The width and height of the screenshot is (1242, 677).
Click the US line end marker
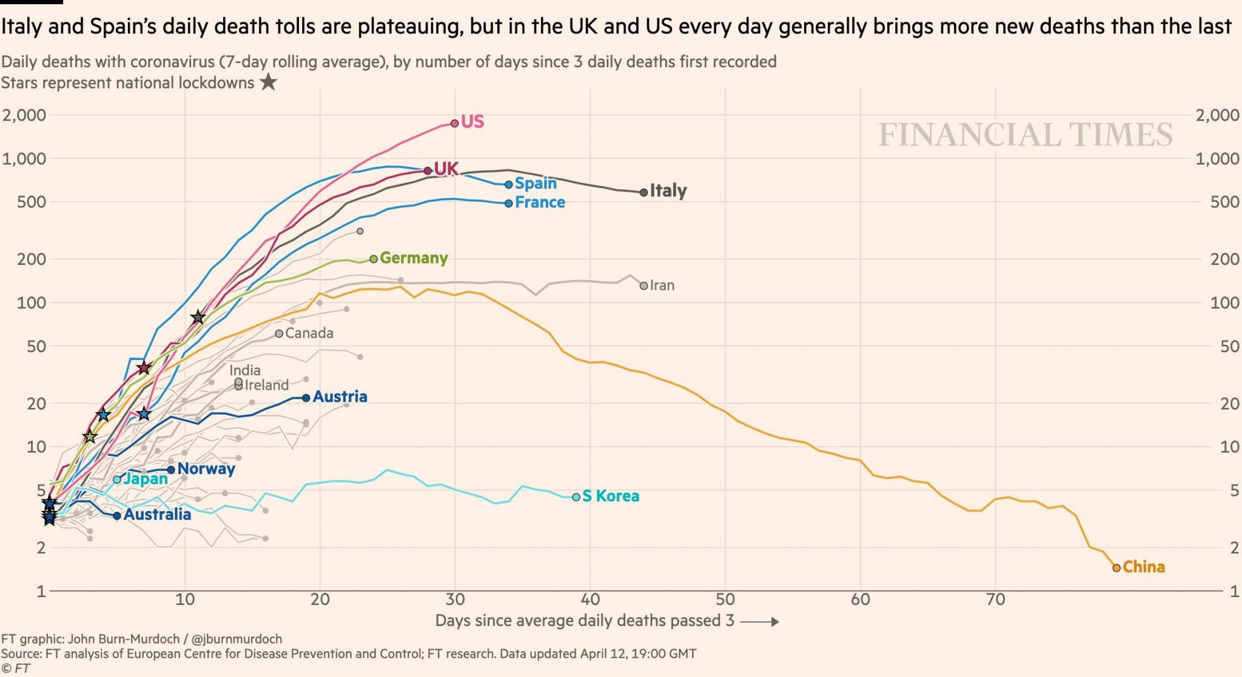pyautogui.click(x=455, y=123)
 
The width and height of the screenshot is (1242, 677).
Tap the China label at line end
pyautogui.click(x=1143, y=567)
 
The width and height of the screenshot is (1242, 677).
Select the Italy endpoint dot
pyautogui.click(x=643, y=192)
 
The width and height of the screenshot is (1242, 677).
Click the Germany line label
pyautogui.click(x=414, y=258)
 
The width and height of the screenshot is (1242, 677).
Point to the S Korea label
pyautogui.click(x=611, y=496)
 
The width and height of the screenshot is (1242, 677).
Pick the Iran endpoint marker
pyautogui.click(x=643, y=285)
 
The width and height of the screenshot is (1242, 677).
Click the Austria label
pyautogui.click(x=340, y=397)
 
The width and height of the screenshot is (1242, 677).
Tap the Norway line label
pyautogui.click(x=206, y=469)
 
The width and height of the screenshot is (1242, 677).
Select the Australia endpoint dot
pyautogui.click(x=117, y=516)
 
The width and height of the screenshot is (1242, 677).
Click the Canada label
pyautogui.click(x=309, y=333)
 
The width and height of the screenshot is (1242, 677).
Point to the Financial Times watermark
pyautogui.click(x=1025, y=135)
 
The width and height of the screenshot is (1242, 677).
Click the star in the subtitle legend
pyautogui.click(x=268, y=82)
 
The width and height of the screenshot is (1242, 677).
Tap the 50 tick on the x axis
pyautogui.click(x=725, y=600)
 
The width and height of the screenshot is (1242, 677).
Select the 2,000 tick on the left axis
pyautogui.click(x=24, y=115)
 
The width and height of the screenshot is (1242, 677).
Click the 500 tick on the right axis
pyautogui.click(x=1224, y=202)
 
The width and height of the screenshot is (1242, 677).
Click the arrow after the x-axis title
pyautogui.click(x=760, y=622)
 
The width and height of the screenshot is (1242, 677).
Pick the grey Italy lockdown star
pyautogui.click(x=198, y=317)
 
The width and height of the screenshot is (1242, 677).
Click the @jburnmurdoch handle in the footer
pyautogui.click(x=237, y=639)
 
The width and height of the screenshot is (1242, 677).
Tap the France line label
pyautogui.click(x=540, y=202)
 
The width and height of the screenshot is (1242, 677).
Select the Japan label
pyautogui.click(x=146, y=479)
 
